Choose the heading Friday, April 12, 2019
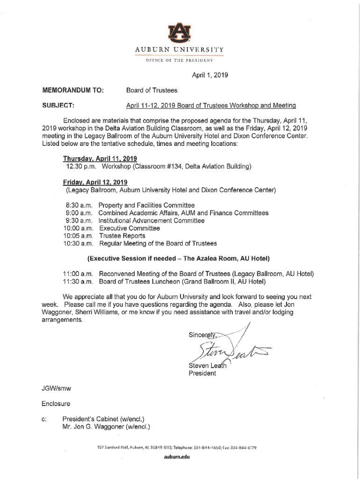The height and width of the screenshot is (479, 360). pyautogui.click(x=95, y=182)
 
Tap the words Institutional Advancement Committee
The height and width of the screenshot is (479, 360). pyautogui.click(x=151, y=221)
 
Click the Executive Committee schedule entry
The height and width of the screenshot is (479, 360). pyautogui.click(x=130, y=228)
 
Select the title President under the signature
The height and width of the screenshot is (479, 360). pyautogui.click(x=202, y=373)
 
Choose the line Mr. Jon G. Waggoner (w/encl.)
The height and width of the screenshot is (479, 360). pyautogui.click(x=106, y=427)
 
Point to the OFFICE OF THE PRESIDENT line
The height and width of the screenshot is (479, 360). pyautogui.click(x=180, y=60)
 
